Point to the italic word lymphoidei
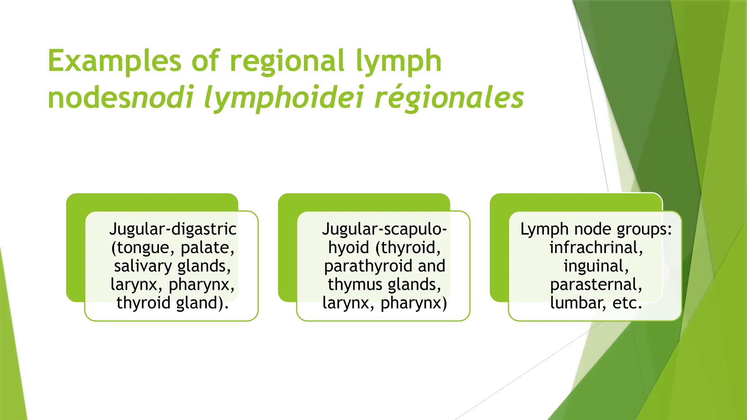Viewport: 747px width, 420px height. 283,98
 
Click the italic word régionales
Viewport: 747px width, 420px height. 449,98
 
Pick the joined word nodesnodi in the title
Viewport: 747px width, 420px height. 120,98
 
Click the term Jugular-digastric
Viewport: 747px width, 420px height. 173,229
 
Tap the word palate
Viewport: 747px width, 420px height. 207,248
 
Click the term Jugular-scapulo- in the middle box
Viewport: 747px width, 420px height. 384,229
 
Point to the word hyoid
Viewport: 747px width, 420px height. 349,248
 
